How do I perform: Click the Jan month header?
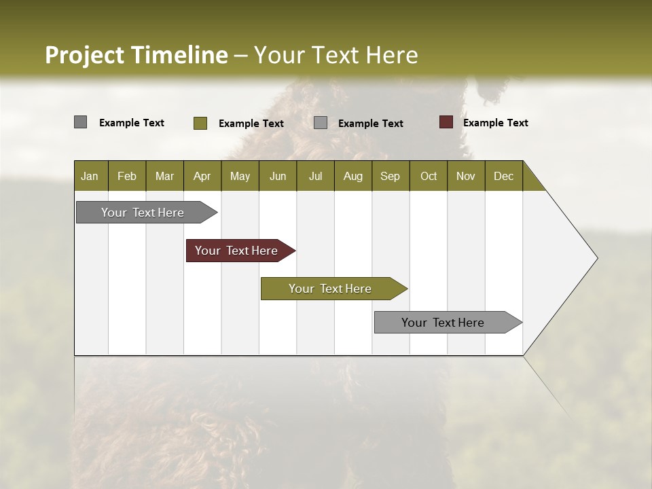click(x=90, y=176)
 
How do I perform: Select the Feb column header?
click(x=127, y=176)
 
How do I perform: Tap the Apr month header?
click(x=202, y=176)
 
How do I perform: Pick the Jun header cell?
click(x=278, y=176)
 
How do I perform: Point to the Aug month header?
click(x=352, y=176)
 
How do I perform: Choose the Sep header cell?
click(x=390, y=176)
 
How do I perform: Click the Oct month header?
click(x=429, y=176)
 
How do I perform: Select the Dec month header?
click(x=503, y=176)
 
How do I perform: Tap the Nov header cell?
click(x=466, y=176)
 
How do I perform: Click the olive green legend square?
click(x=200, y=123)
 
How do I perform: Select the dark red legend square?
click(x=446, y=122)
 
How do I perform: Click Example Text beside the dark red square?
click(x=495, y=123)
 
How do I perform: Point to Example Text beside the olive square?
click(x=251, y=124)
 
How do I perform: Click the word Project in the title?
click(x=84, y=55)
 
